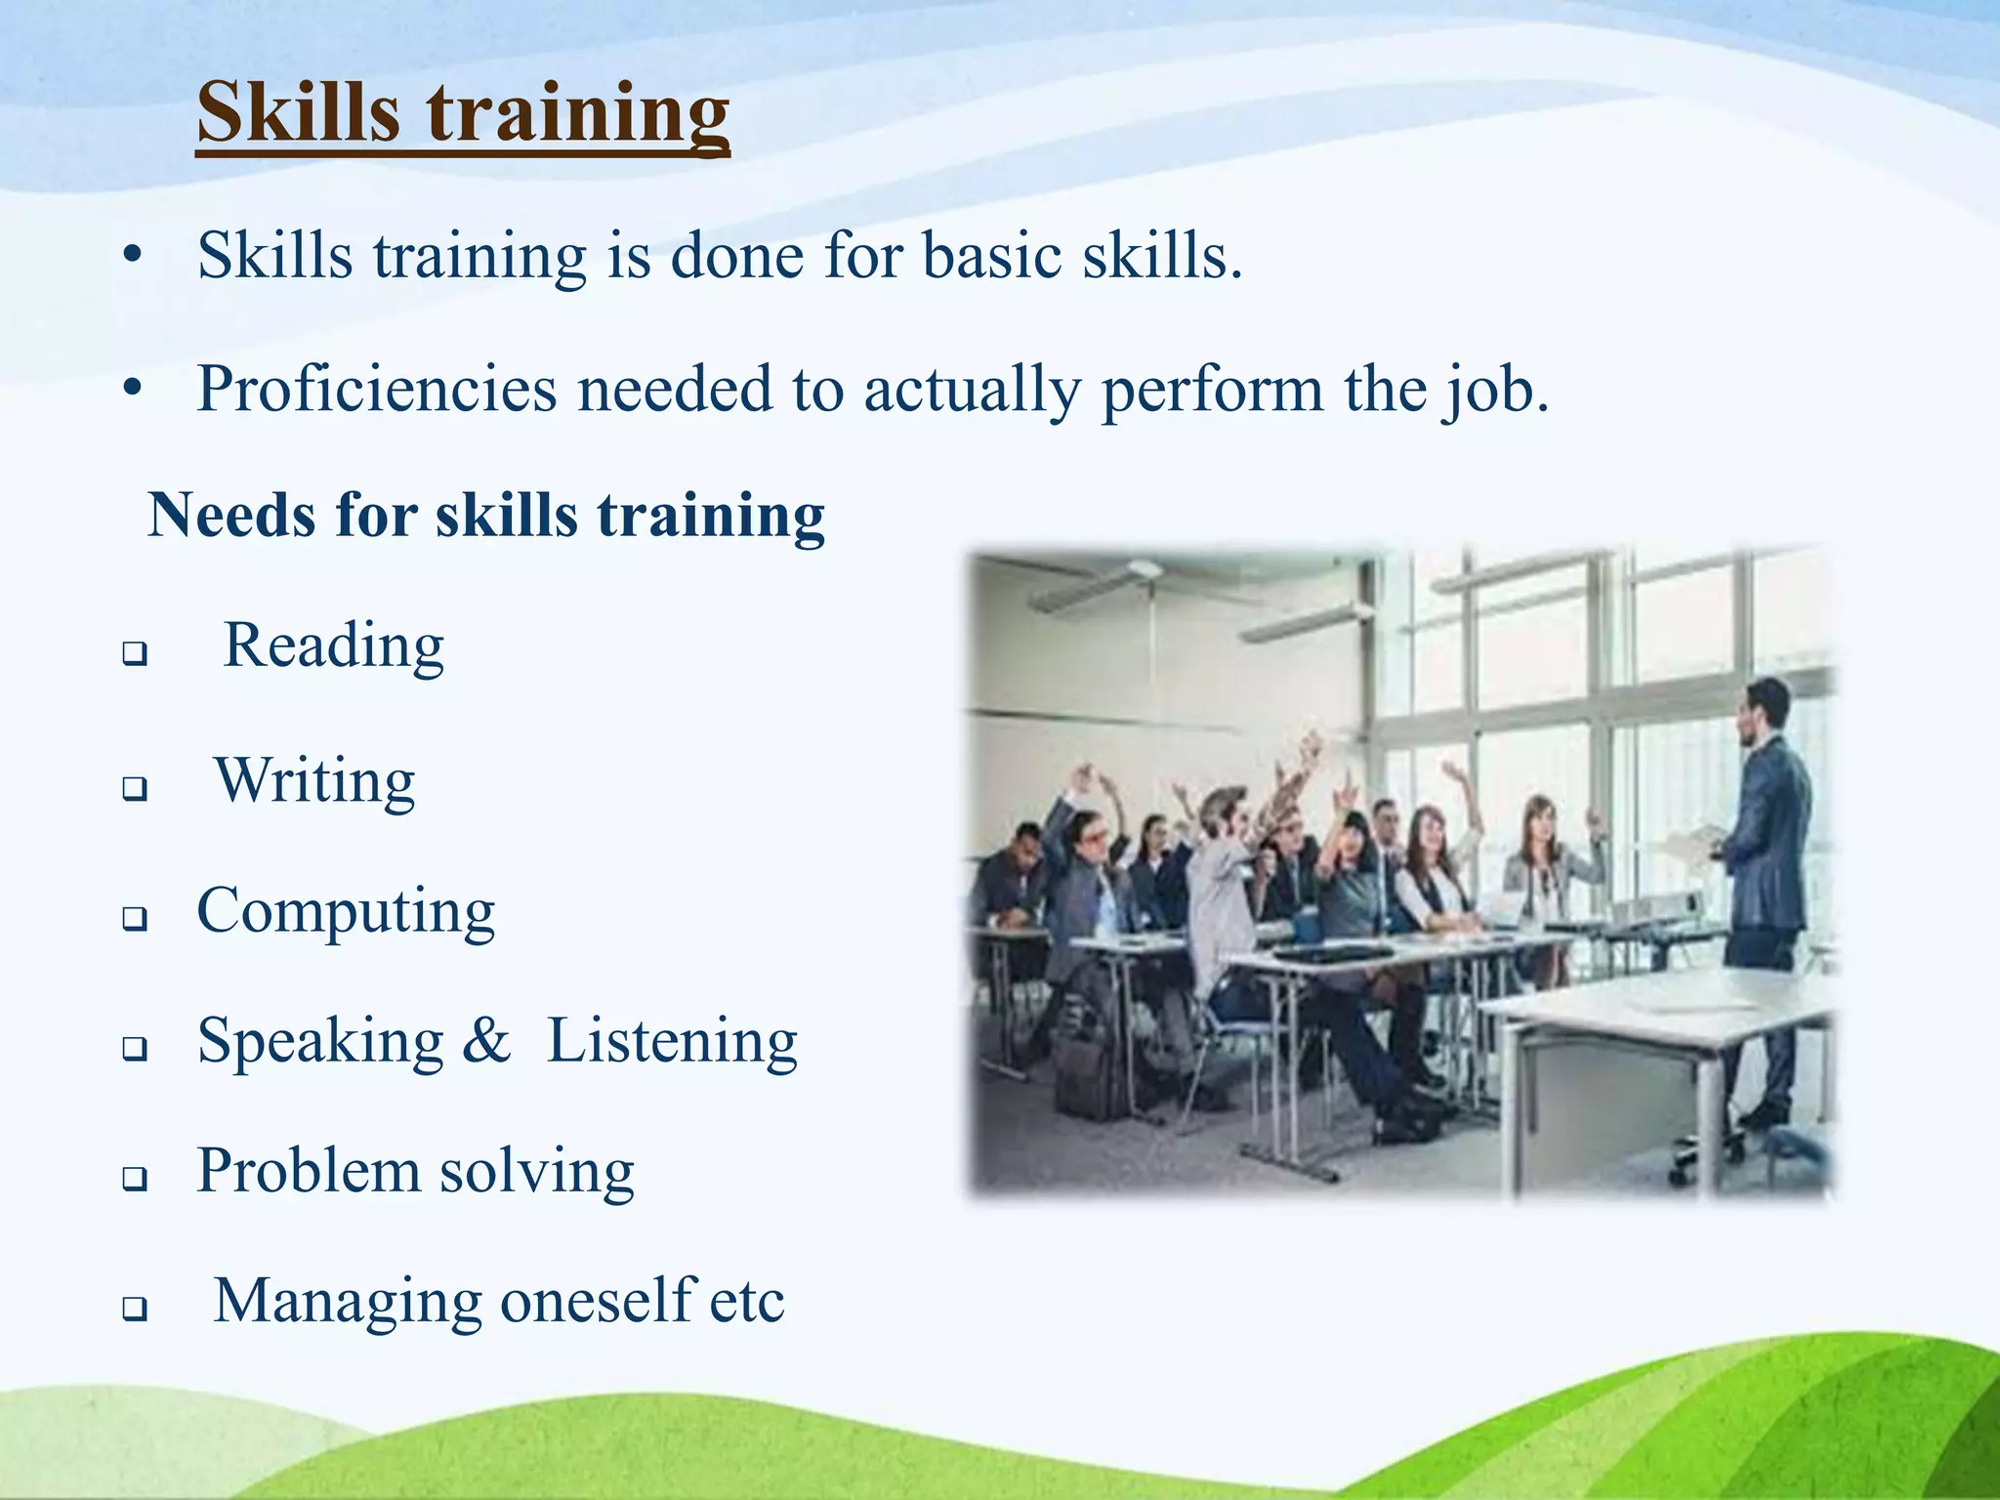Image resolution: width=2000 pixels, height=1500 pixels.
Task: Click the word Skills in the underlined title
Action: tap(298, 112)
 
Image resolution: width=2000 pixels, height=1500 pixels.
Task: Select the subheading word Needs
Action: tap(231, 516)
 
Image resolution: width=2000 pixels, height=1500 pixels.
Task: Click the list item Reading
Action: tap(334, 646)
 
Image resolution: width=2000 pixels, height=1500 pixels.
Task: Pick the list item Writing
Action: tap(315, 781)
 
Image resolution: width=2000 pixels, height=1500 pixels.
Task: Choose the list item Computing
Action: tap(346, 911)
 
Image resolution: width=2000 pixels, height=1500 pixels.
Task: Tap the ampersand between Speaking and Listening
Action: tap(486, 1041)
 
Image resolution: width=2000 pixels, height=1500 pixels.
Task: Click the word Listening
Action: tap(672, 1041)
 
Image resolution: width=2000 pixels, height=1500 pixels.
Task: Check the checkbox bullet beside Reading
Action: tap(135, 653)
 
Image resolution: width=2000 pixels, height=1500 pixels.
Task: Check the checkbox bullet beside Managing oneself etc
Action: tap(135, 1309)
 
